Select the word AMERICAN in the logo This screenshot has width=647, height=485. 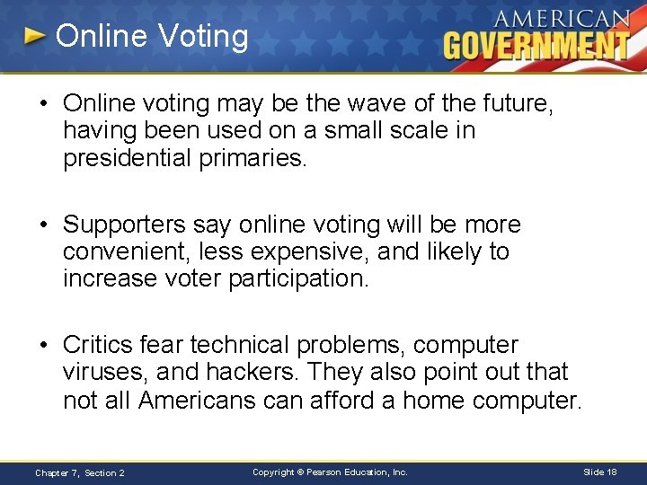tap(563, 19)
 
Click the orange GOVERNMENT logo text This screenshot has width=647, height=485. tap(536, 45)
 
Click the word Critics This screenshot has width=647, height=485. tap(102, 345)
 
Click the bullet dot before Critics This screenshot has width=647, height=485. tap(46, 345)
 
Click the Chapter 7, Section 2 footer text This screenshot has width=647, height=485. tap(80, 472)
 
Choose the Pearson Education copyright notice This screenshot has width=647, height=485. tap(330, 472)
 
